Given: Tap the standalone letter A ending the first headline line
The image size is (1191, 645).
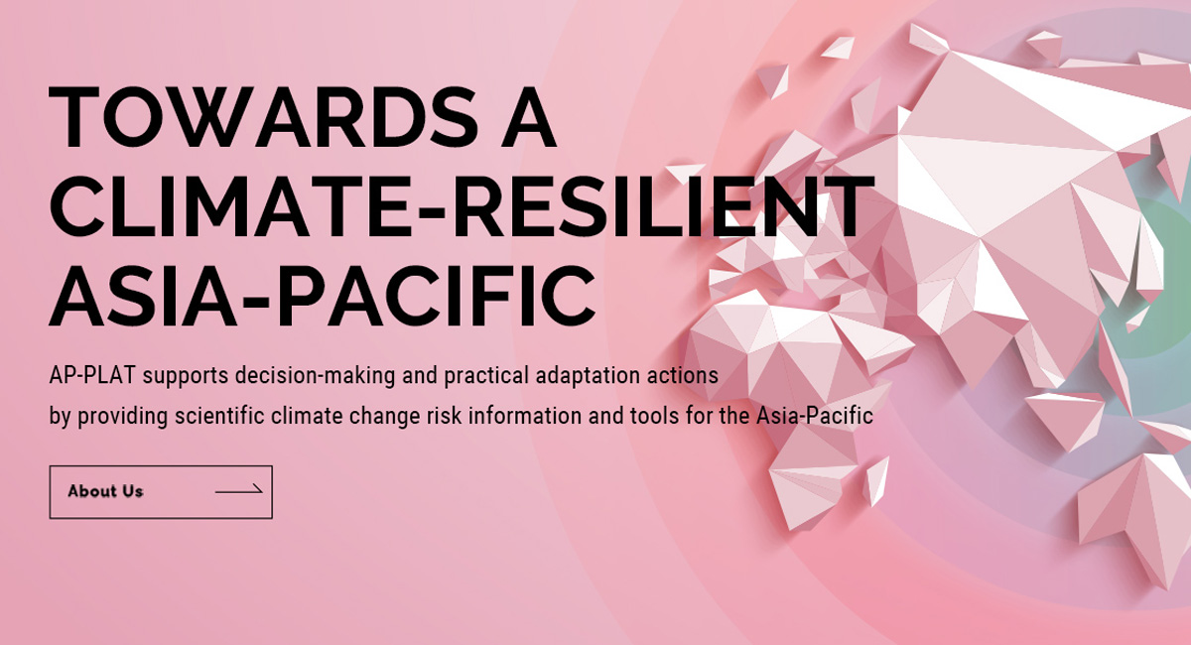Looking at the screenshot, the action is (x=528, y=117).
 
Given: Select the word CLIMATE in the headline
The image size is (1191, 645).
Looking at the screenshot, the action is (x=229, y=206).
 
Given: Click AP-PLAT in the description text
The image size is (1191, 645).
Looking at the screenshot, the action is (x=92, y=375).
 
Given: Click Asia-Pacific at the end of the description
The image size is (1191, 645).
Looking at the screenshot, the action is (x=815, y=416).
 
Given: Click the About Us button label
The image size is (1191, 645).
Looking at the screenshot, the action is (x=106, y=491).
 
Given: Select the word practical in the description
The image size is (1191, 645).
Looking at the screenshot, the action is (x=486, y=376).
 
